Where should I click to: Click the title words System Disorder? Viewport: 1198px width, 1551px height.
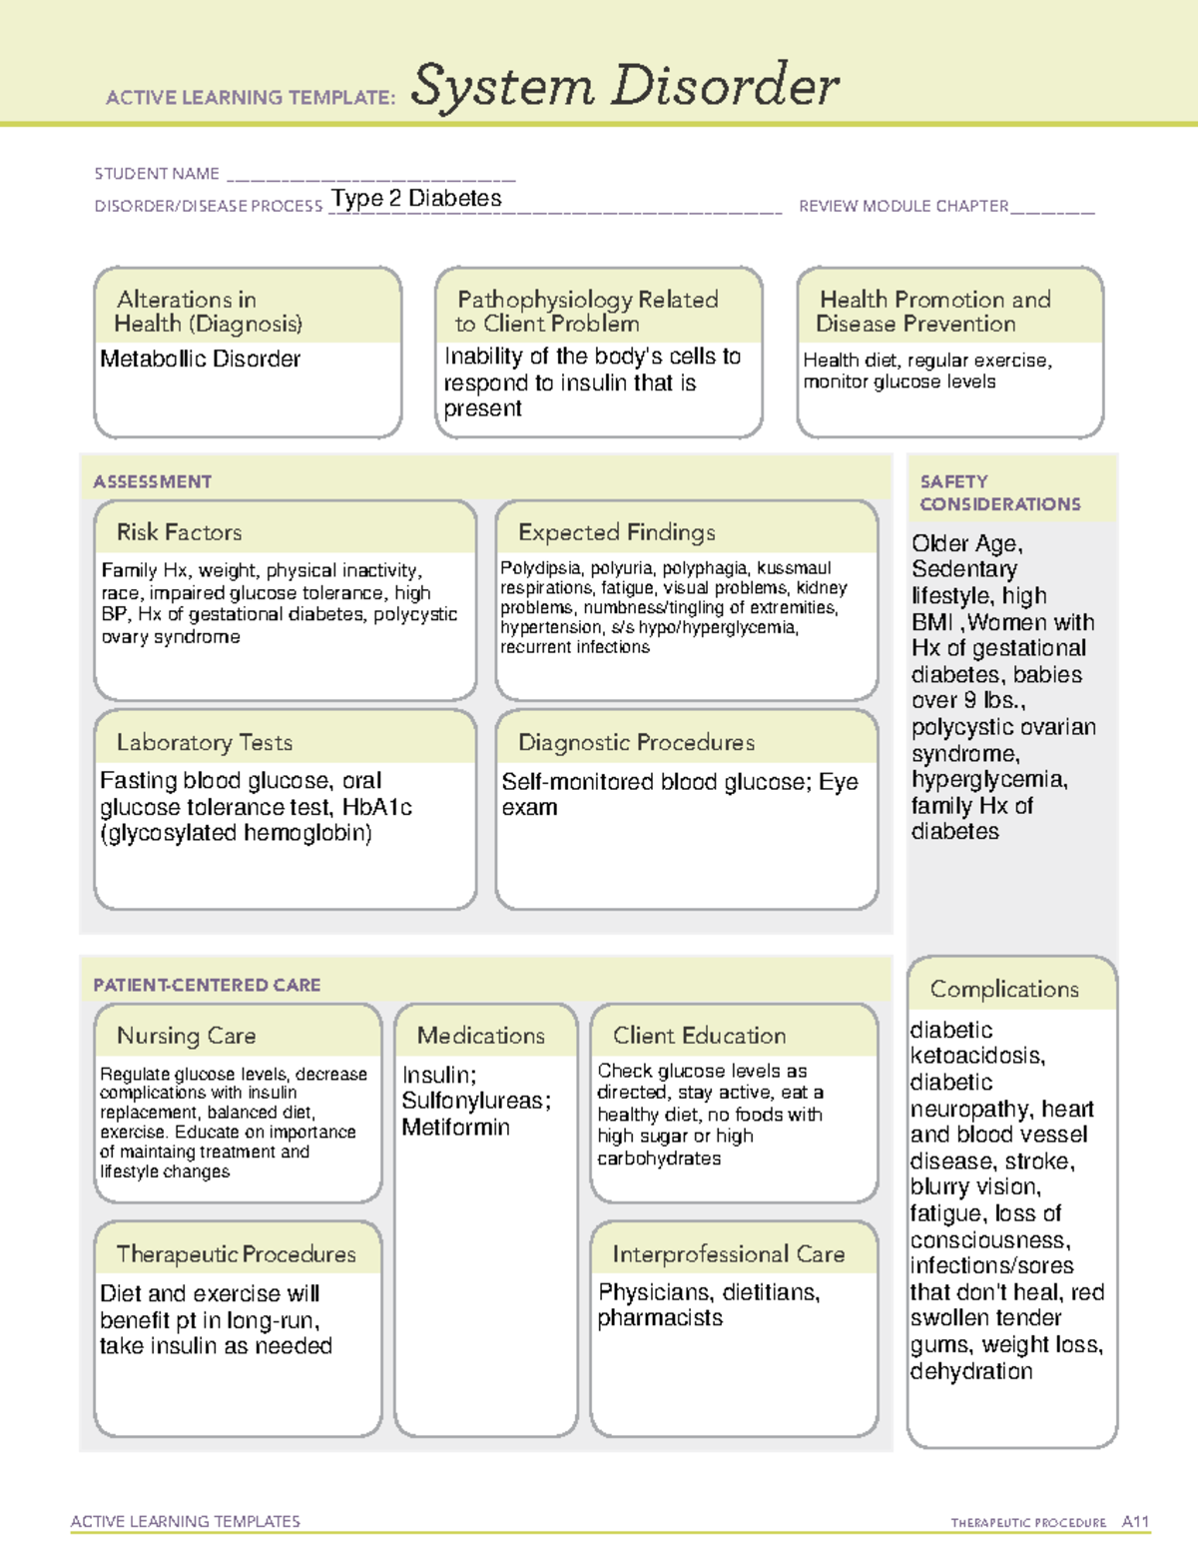coord(625,86)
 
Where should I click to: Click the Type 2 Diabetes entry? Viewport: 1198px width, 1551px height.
coord(416,199)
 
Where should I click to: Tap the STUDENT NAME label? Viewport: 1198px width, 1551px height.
coord(157,174)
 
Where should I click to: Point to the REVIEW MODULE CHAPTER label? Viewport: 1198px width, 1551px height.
coord(903,207)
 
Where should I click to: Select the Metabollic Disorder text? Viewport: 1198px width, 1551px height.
coord(200,359)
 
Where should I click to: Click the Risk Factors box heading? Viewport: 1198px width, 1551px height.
coord(179,532)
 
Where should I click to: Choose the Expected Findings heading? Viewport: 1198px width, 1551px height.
coord(616,532)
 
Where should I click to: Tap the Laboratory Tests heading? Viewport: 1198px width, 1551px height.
coord(204,742)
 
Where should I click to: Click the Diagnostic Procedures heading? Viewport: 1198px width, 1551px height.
coord(636,742)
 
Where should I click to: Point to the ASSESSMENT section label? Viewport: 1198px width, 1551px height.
coord(153,481)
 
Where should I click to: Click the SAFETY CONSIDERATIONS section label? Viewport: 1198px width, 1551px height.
coord(999,492)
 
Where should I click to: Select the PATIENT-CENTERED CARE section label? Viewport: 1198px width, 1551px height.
coord(207,985)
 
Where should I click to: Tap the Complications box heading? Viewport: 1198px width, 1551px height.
coord(1004,989)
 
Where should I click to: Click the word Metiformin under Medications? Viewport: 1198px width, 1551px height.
coord(455,1128)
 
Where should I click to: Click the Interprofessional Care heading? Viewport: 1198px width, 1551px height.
coord(729,1253)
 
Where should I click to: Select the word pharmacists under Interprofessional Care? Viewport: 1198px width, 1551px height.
coord(660,1318)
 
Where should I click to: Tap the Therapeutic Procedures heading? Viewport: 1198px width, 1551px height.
coord(236,1253)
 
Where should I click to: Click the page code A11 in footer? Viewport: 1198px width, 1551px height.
coord(1135,1522)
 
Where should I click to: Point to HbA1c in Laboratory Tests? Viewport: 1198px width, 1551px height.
coord(376,807)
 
